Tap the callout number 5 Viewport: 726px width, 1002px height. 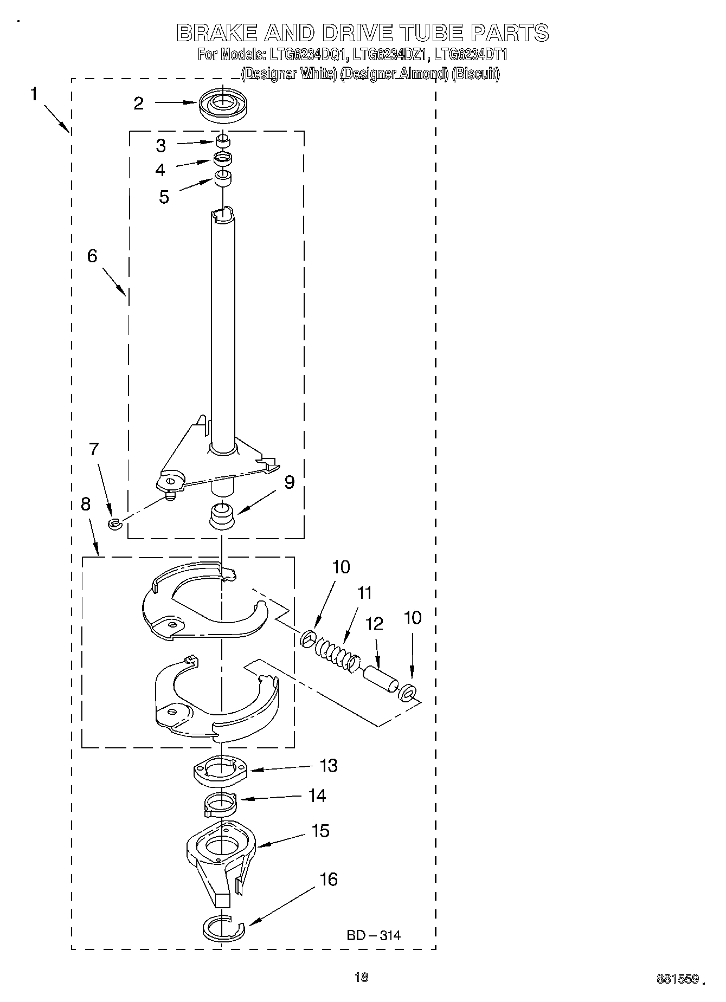(164, 197)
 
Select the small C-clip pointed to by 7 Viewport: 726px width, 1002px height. (114, 523)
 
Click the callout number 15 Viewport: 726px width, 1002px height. (321, 830)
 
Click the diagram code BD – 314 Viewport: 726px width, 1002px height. (374, 935)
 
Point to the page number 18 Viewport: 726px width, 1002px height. (361, 977)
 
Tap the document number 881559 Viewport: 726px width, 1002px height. (677, 979)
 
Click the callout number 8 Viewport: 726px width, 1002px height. (86, 505)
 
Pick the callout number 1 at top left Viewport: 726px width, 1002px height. (34, 94)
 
